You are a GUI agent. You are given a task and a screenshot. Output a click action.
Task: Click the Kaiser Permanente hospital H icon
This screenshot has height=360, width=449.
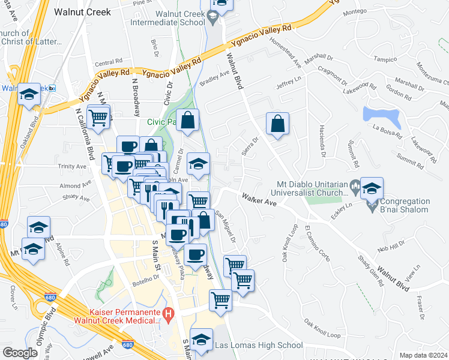click(169, 313)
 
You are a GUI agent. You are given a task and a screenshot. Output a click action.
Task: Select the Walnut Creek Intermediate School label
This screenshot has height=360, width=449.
click(173, 18)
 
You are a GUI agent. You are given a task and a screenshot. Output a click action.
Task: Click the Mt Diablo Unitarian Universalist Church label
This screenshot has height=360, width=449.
click(312, 188)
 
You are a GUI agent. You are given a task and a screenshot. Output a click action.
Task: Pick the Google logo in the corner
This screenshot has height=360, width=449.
click(20, 353)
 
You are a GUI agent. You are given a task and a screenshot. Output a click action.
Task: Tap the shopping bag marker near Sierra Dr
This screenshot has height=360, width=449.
click(277, 124)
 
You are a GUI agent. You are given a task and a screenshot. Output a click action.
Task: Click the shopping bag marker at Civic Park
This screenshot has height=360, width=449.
click(188, 119)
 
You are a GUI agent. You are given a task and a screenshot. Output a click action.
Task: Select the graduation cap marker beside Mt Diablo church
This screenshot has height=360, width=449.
click(372, 188)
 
